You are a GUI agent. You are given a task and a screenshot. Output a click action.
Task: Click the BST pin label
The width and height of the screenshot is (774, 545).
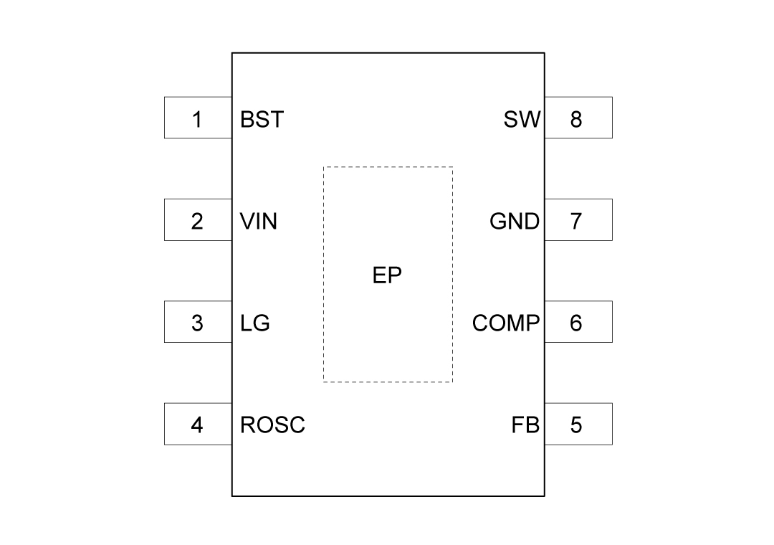point(262,119)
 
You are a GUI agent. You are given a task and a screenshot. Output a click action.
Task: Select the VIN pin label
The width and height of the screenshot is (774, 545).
point(259,222)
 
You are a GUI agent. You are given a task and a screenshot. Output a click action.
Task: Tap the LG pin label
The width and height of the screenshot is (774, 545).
point(255,323)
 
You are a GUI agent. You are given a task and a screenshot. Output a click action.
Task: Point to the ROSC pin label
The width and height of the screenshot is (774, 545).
point(272,425)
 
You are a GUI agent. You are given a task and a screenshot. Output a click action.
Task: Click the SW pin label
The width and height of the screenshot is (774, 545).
point(522,119)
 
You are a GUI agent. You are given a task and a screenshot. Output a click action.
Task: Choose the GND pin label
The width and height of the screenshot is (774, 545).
point(515,222)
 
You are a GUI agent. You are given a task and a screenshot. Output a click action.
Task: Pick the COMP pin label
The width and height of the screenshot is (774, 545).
point(506,323)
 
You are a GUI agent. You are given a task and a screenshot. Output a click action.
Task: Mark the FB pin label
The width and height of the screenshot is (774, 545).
point(525,425)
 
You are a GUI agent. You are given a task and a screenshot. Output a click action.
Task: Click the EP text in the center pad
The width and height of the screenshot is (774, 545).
point(387,275)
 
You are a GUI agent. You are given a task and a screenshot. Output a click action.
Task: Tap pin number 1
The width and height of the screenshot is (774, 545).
point(197,119)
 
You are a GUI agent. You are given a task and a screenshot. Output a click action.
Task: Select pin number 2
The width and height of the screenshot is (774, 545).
point(197,222)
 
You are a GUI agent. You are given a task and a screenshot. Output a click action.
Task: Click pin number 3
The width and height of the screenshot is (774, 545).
point(197,323)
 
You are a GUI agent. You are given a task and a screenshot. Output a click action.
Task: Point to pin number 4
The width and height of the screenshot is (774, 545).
point(197,425)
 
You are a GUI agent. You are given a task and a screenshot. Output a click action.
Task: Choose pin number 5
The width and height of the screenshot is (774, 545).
point(576,425)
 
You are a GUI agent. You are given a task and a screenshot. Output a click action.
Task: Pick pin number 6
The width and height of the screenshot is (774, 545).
point(576,323)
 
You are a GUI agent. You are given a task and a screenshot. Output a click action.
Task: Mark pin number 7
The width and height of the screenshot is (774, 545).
point(576,222)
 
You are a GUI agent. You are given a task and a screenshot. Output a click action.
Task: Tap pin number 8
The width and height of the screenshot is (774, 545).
point(576,119)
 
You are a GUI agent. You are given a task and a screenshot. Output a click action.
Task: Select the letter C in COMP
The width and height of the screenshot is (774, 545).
point(480,323)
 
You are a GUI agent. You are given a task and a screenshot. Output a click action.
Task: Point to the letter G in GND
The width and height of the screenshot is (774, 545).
point(499,222)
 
